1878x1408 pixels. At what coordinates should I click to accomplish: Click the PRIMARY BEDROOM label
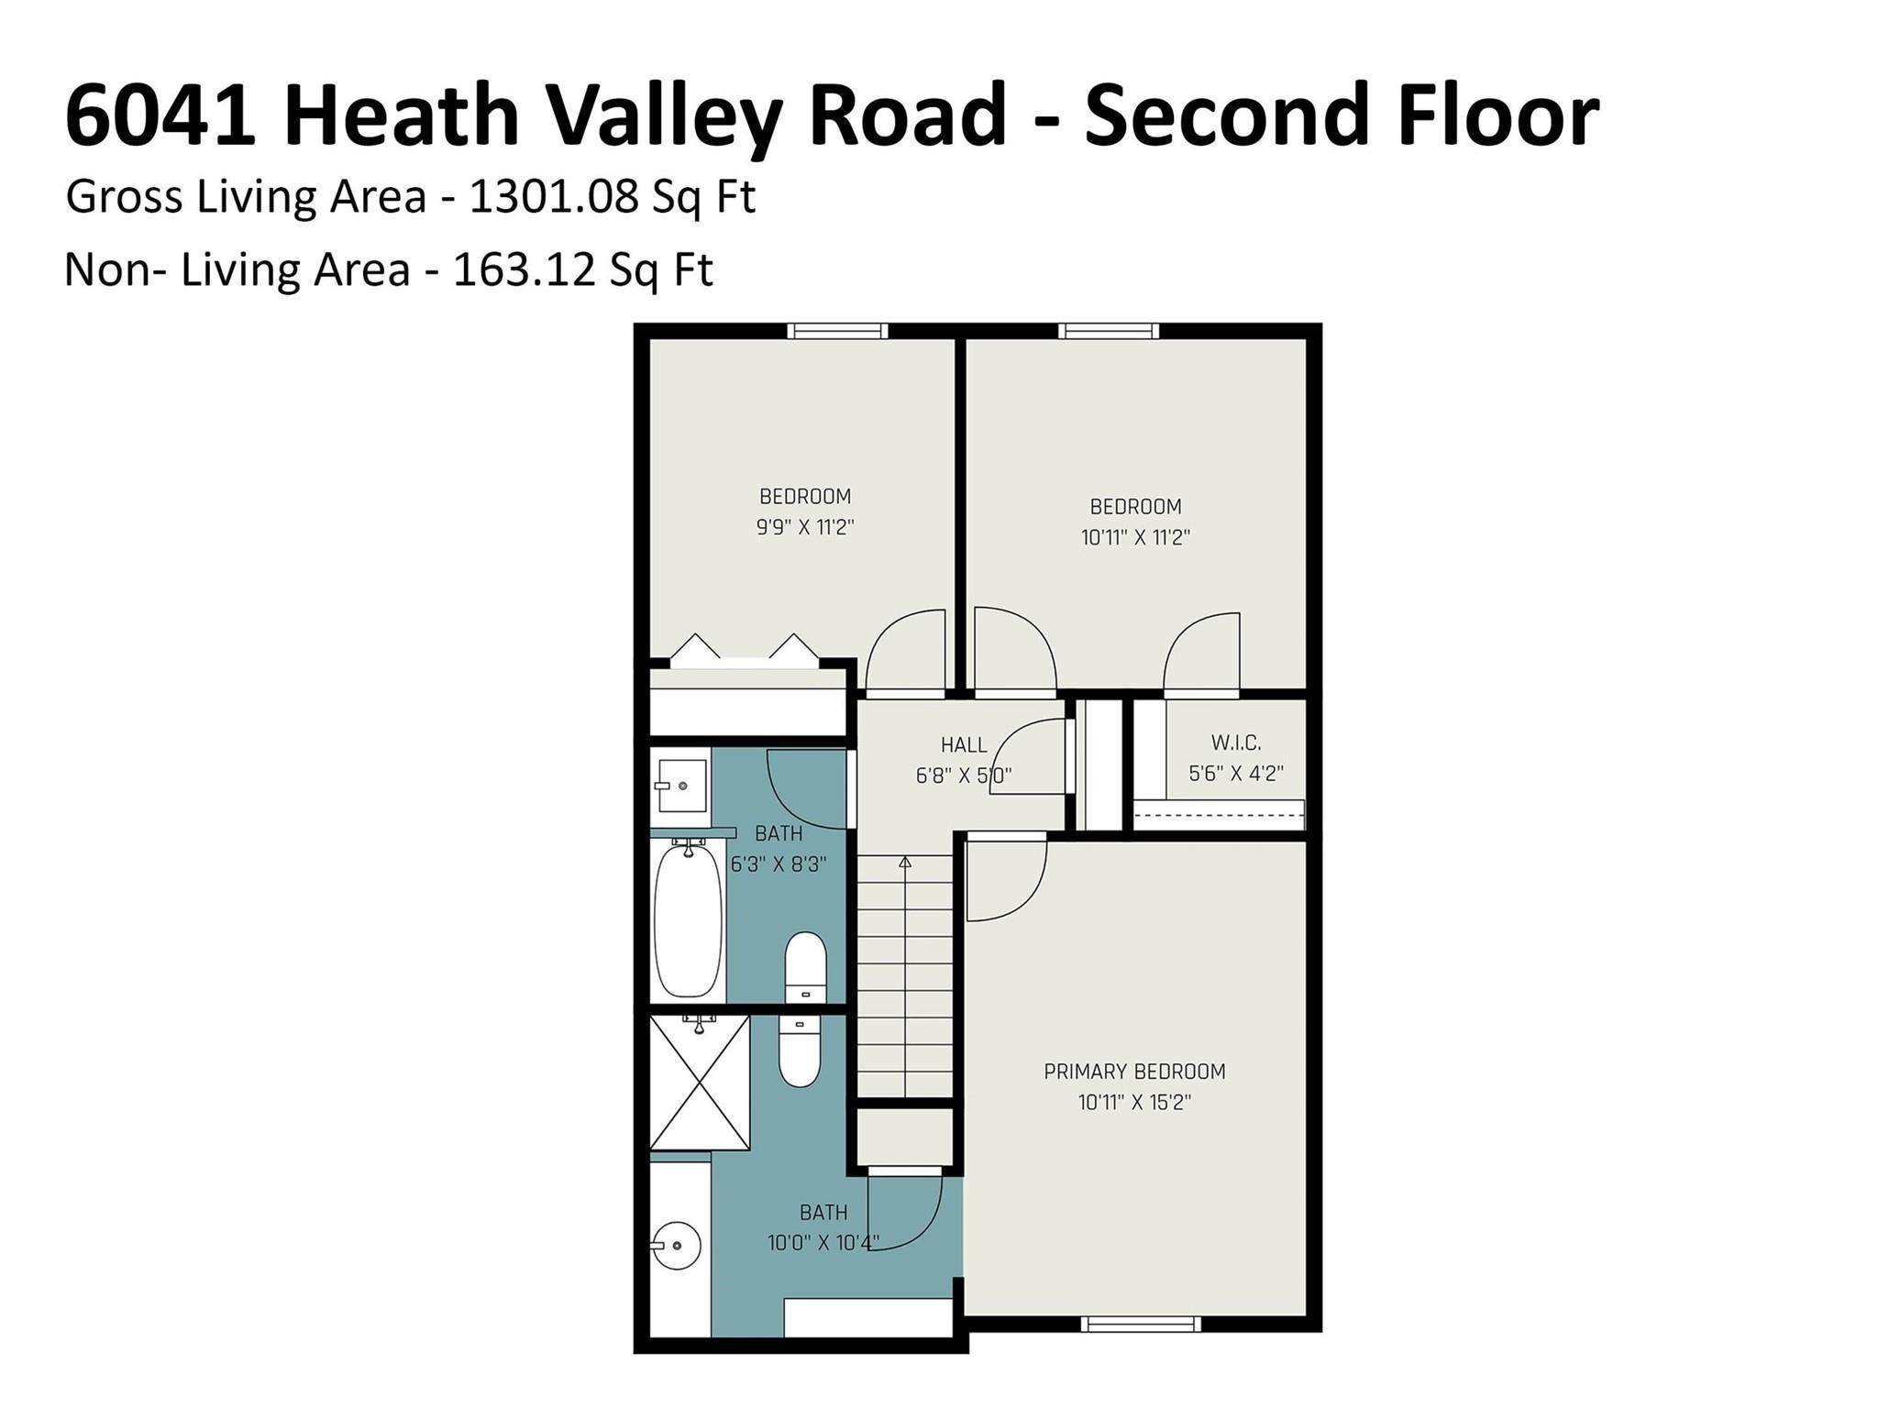point(1134,1072)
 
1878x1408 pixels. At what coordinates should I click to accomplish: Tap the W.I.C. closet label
point(1235,742)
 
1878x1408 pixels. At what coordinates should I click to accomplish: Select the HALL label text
point(964,745)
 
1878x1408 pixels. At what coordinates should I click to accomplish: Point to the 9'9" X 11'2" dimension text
point(805,527)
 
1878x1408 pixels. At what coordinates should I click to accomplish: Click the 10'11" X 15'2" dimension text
point(1134,1102)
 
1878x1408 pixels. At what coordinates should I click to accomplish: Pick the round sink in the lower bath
point(678,1246)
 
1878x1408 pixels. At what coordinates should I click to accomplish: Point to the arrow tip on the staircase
point(905,862)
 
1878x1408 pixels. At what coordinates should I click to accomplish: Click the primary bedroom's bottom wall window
point(1140,1324)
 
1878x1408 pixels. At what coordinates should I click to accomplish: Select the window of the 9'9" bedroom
point(837,331)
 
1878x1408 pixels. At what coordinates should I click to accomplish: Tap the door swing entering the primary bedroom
point(1006,880)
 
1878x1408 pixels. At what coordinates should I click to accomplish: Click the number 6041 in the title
point(160,115)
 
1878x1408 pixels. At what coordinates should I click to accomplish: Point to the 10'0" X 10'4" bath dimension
point(823,1243)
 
